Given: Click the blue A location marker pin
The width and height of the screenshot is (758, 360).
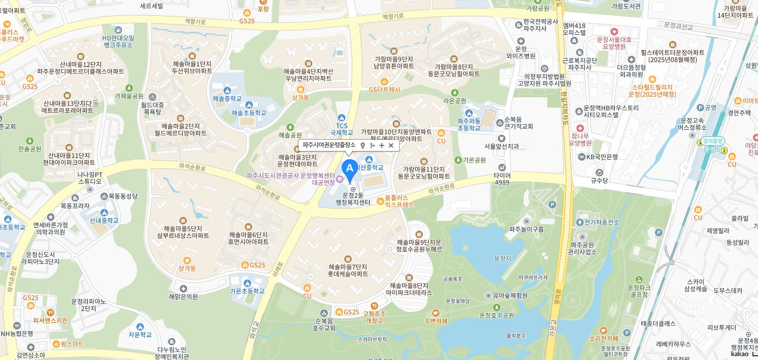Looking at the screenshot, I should pos(349,169).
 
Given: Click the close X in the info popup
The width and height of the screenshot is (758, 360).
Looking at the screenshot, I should pos(391,145).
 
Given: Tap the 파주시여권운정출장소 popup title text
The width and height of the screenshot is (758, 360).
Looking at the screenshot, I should pos(329,145).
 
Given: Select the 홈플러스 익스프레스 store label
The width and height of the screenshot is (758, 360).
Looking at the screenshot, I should pos(396,201).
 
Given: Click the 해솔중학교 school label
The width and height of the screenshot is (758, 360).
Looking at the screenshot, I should pos(227,98).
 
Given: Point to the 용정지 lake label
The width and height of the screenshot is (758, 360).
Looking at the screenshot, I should pos(502,258).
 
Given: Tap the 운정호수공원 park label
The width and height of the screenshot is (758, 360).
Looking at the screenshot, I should pos(497,315).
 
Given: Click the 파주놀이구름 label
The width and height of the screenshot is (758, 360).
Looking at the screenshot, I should pos(526,229).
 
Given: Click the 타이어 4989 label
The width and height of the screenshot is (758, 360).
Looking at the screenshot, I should pos(502,179).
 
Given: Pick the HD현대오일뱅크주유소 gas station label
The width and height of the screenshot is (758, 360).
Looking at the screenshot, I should pos(118,41).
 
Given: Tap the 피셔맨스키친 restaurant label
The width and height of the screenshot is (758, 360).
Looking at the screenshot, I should pos(50,320).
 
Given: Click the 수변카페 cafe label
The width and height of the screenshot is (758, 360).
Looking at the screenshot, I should pos(436,321).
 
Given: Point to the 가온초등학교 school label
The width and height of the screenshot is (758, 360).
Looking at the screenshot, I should pos(247,291).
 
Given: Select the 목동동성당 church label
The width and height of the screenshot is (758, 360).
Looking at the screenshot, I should pos(123,196).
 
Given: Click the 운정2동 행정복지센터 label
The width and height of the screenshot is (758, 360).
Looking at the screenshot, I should pos(353,199).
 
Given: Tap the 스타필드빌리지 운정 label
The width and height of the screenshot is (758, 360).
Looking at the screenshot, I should pos(652,91).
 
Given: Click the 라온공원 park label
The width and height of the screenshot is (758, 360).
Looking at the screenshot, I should pos(455,100).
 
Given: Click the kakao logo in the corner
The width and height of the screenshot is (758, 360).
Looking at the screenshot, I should pos(740,354).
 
